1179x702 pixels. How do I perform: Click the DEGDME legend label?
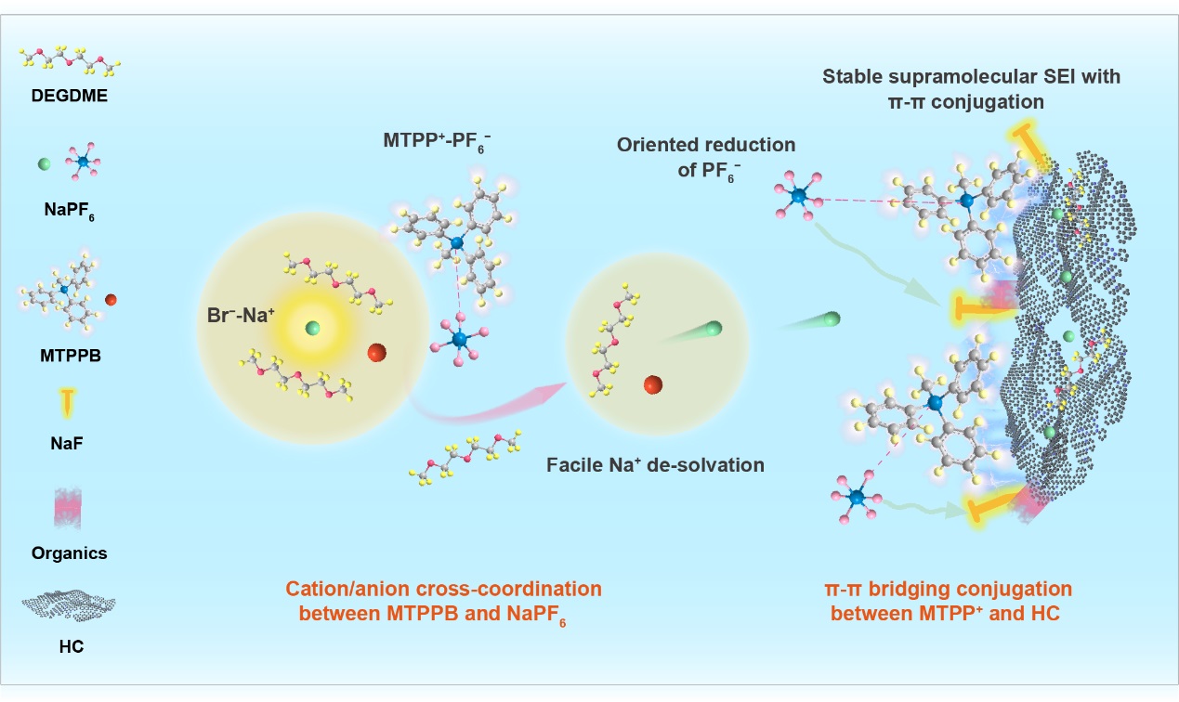click(x=70, y=94)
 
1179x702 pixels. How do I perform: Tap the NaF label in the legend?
click(x=70, y=445)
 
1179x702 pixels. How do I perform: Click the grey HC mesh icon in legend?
click(x=70, y=605)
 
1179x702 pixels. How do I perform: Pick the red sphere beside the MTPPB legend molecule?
click(x=111, y=299)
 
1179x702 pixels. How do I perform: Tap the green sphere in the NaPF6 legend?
click(x=44, y=164)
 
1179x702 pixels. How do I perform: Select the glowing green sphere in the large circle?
click(x=313, y=327)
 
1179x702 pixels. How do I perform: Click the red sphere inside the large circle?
click(x=376, y=353)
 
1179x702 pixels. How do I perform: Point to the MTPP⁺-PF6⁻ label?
click(x=438, y=141)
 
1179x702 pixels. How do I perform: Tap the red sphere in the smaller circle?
click(x=652, y=383)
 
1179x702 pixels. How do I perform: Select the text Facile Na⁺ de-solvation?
click(x=655, y=463)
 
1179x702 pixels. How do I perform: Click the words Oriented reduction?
click(x=707, y=145)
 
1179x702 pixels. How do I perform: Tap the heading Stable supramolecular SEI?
click(x=971, y=76)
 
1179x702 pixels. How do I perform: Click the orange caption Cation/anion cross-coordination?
click(x=443, y=589)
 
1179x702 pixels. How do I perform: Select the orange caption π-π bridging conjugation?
click(x=948, y=589)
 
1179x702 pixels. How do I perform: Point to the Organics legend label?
click(x=70, y=553)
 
